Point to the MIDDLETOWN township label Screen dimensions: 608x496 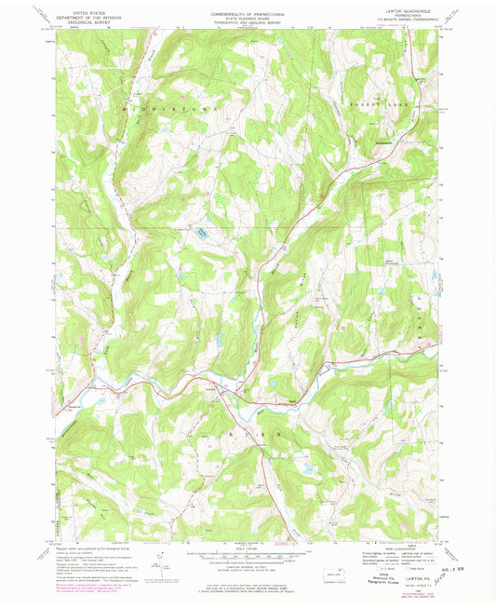coord(168,109)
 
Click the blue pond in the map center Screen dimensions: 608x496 coord(199,229)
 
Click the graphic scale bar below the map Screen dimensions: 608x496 coord(248,553)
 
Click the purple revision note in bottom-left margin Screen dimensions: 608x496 coord(88,586)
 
